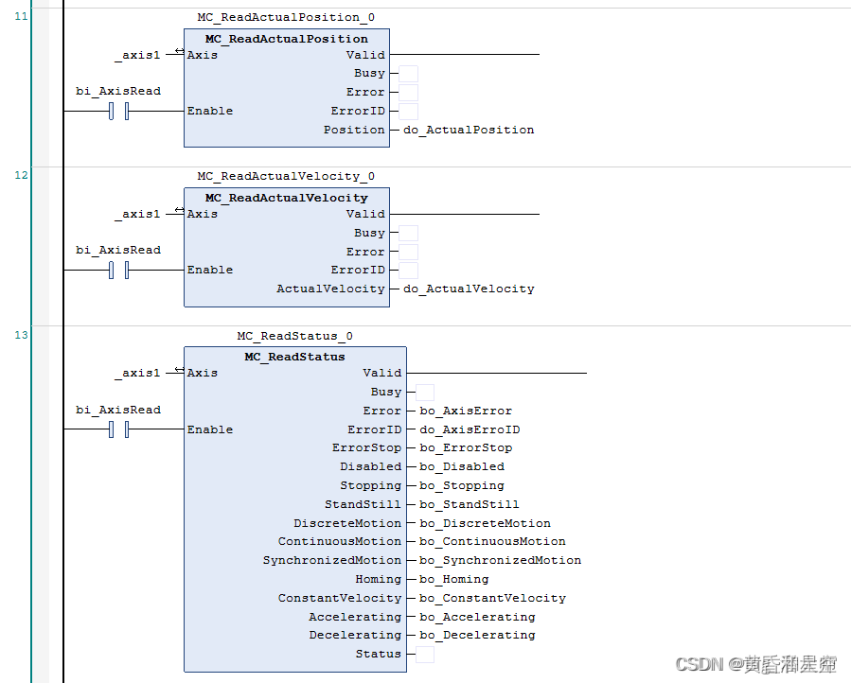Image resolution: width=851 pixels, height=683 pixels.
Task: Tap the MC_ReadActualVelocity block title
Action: pos(286,198)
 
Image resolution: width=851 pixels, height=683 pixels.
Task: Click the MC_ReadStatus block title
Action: pos(294,357)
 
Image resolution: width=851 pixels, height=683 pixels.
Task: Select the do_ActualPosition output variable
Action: pos(469,130)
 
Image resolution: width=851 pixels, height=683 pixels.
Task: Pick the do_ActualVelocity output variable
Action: pos(469,289)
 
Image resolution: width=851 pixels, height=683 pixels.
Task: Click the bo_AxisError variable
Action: pos(466,411)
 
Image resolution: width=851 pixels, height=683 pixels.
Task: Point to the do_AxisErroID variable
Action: pos(470,429)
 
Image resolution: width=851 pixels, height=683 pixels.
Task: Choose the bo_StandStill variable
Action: pos(470,504)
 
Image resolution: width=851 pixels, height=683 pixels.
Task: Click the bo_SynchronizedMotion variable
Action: pos(501,560)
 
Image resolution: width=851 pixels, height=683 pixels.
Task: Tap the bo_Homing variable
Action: pos(454,579)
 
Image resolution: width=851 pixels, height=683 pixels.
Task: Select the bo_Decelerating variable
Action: pos(477,635)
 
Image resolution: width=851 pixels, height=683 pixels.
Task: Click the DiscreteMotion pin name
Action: pos(347,523)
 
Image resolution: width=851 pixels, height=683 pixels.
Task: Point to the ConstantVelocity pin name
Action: pos(340,598)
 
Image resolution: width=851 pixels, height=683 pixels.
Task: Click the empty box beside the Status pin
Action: pos(425,654)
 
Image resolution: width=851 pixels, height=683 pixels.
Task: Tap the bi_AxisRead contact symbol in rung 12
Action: pos(119,271)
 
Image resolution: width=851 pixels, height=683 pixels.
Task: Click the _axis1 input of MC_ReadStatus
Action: pos(138,373)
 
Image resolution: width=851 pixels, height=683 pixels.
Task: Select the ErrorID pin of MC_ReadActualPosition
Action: pos(358,111)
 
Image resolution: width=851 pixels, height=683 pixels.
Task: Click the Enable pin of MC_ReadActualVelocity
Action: pos(210,270)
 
